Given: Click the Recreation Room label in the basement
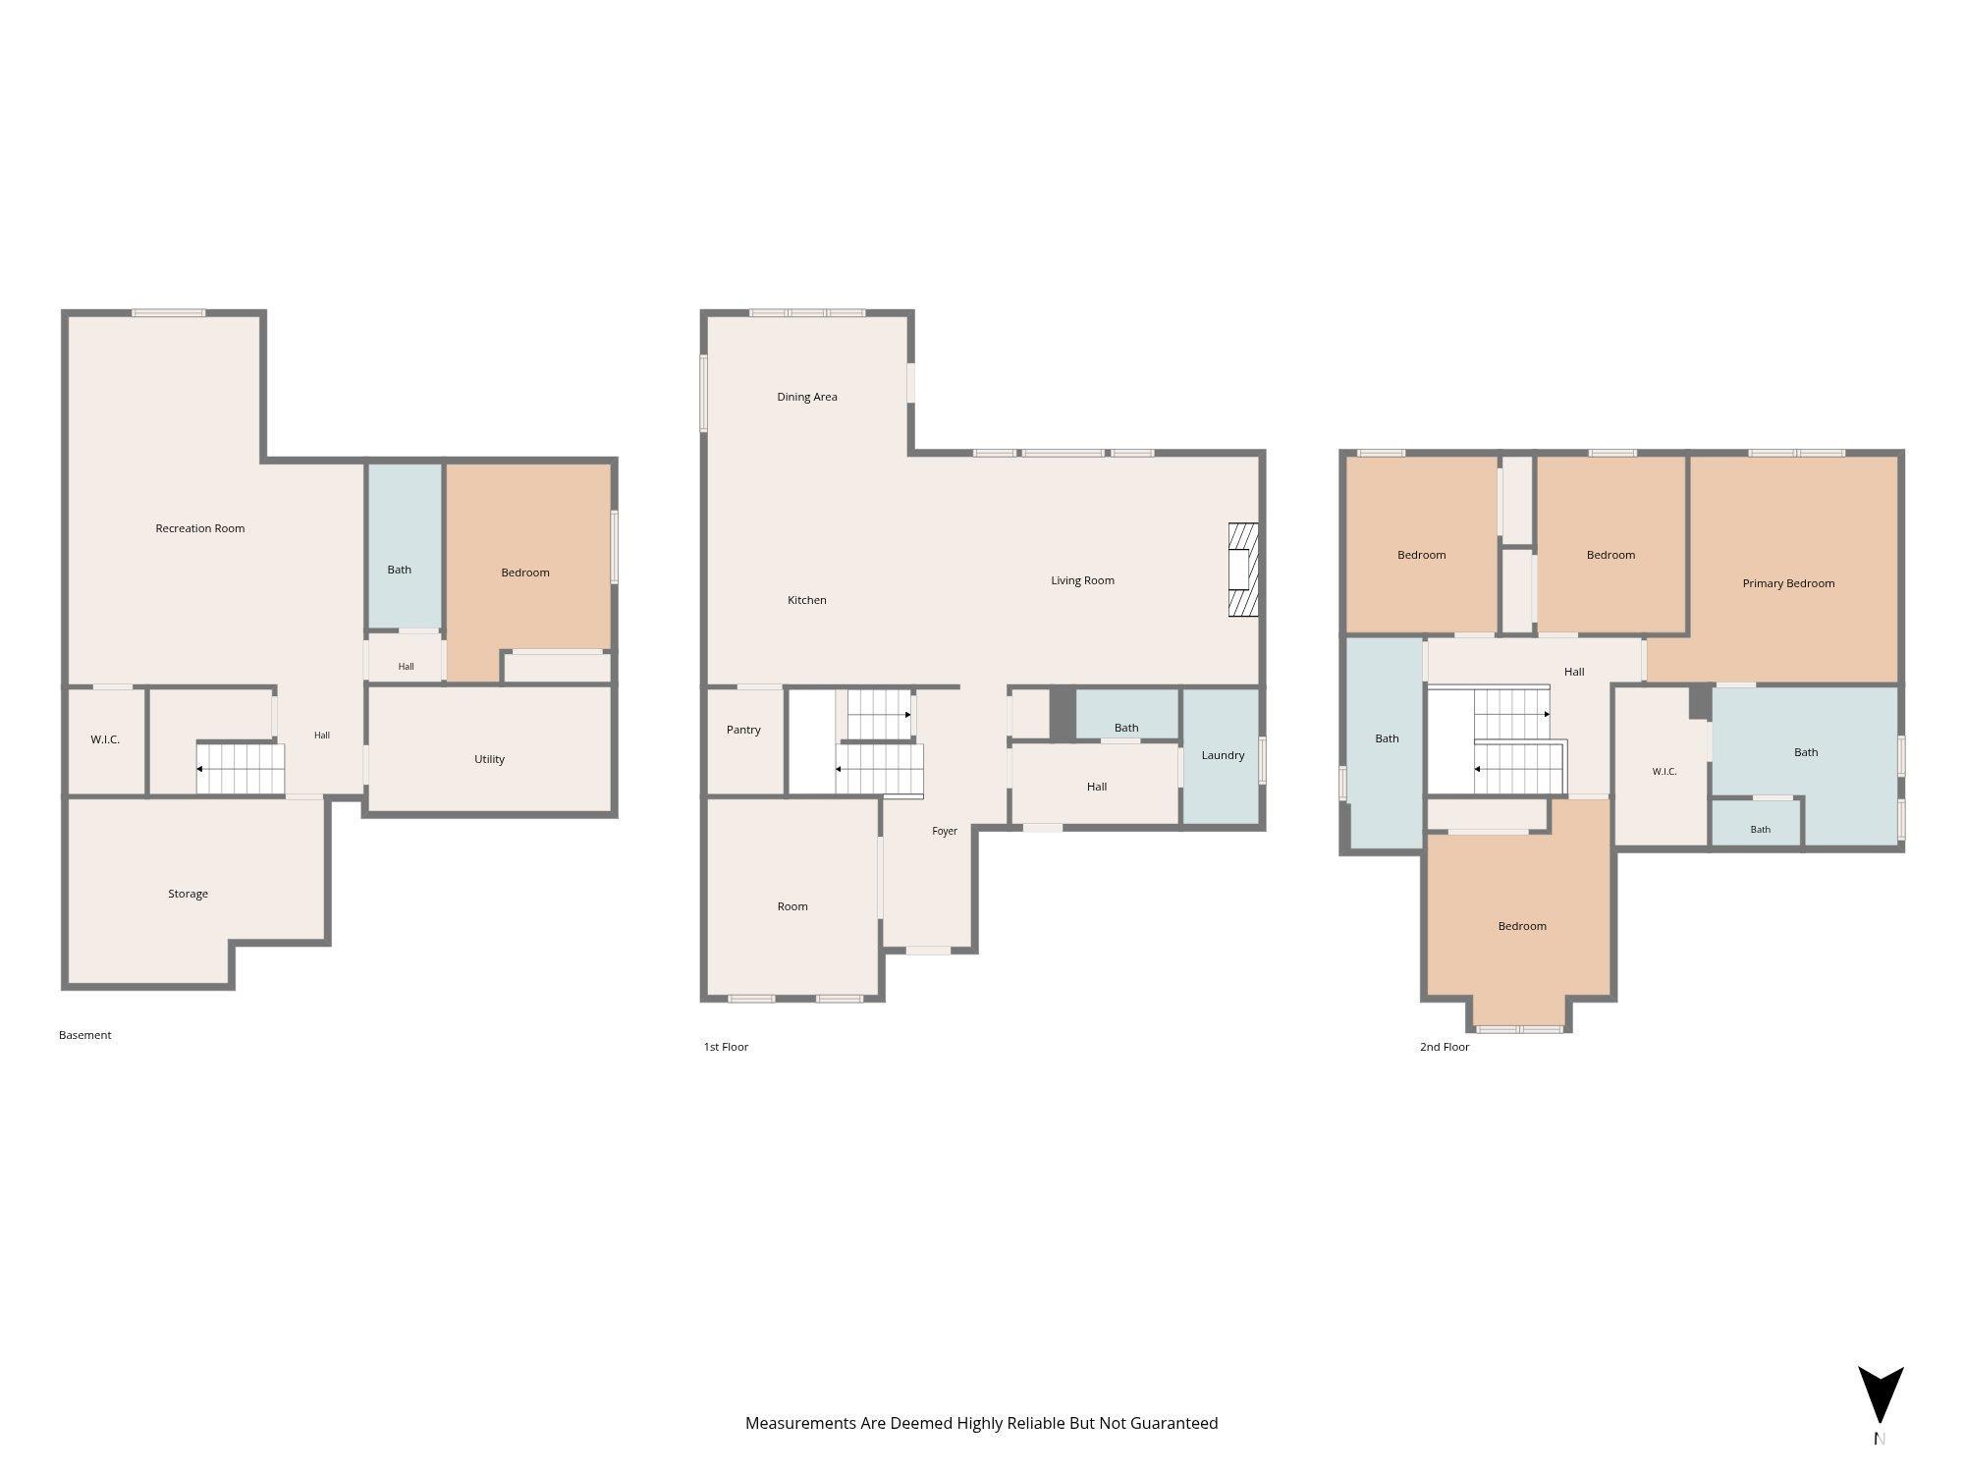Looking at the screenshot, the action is (x=200, y=528).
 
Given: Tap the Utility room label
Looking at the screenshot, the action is (x=489, y=759).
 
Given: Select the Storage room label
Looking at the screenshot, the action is (x=188, y=894).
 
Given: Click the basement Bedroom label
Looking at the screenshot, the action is (x=525, y=573).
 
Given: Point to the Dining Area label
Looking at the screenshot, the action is (x=807, y=397).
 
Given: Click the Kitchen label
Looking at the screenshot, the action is (x=807, y=600).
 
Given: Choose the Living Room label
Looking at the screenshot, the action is (x=1083, y=580).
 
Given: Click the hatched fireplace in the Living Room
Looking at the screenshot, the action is (x=1243, y=570).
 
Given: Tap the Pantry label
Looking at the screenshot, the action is (x=743, y=730).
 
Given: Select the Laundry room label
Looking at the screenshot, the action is (x=1223, y=755).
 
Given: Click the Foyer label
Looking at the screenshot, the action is (x=945, y=831).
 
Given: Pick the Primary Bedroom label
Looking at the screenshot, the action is (x=1788, y=583).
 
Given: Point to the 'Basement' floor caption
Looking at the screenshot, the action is (x=85, y=1035).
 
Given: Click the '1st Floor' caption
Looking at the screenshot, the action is (x=726, y=1047).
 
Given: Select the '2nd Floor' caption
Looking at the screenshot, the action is (x=1445, y=1047).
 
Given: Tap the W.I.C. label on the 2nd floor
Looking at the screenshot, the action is (x=1664, y=772).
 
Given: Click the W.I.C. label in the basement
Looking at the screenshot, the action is (x=105, y=739).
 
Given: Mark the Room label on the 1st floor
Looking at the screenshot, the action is (x=792, y=906).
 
